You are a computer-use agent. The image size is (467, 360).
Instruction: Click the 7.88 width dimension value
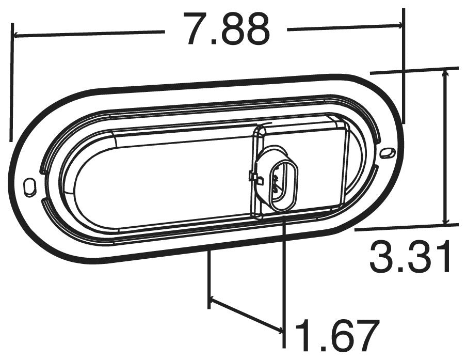[x=227, y=29]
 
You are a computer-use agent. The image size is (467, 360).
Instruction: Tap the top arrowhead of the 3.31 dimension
[x=444, y=74]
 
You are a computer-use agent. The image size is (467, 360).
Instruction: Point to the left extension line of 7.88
[x=10, y=83]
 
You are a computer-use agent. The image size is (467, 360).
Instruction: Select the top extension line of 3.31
[x=413, y=70]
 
